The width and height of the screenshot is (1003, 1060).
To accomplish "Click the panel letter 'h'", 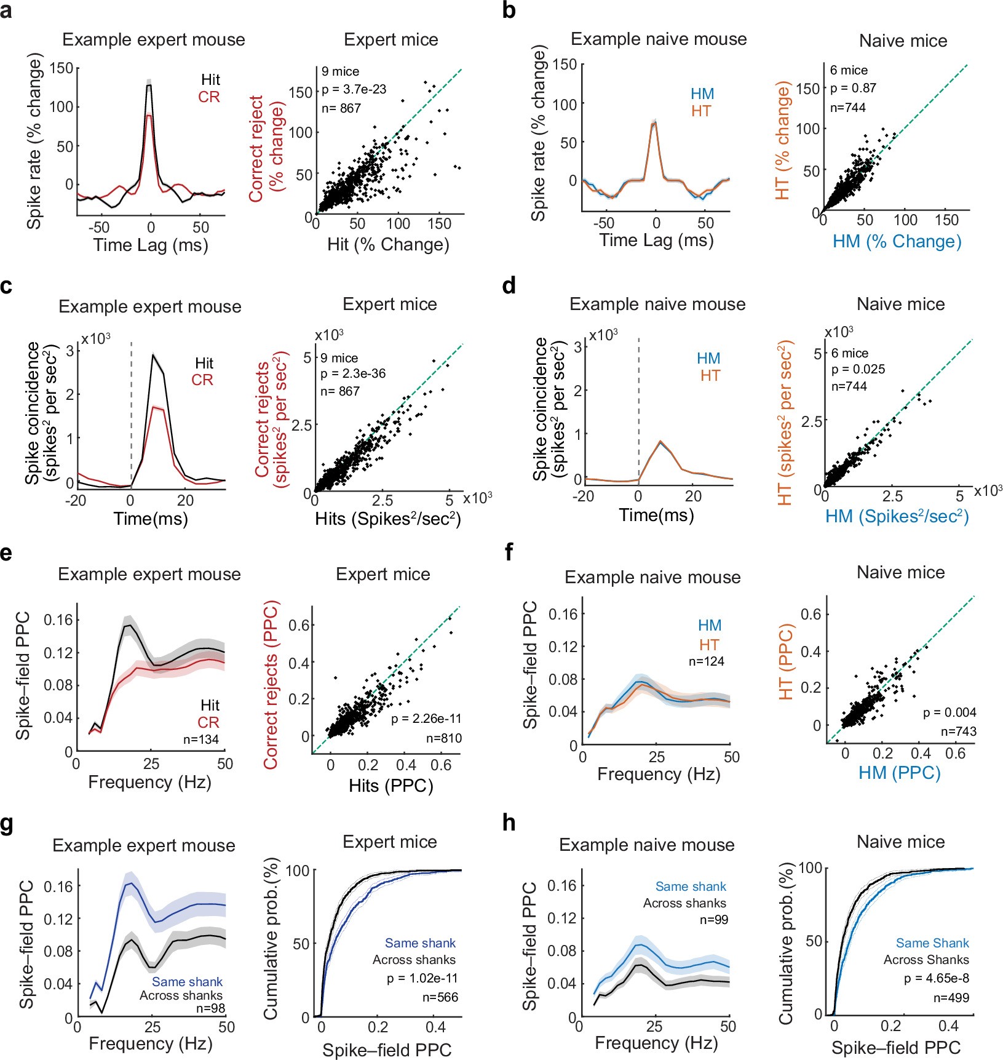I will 509,823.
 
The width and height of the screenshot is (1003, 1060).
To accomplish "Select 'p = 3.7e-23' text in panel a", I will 354,90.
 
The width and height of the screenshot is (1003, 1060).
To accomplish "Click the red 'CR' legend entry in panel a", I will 208,97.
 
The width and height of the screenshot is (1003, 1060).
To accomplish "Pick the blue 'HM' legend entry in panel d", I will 708,359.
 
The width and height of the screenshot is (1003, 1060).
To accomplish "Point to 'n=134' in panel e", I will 201,739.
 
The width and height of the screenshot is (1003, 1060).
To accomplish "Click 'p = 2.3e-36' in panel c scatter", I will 353,374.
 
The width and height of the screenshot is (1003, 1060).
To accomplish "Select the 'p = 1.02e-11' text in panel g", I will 422,978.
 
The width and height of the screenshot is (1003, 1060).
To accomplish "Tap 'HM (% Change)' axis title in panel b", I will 897,241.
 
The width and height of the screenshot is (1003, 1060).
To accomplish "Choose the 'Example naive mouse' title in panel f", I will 652,577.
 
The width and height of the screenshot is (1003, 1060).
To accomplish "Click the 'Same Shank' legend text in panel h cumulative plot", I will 932,943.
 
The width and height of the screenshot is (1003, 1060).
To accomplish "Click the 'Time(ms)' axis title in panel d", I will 656,514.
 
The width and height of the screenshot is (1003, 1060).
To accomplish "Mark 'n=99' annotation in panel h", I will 713,920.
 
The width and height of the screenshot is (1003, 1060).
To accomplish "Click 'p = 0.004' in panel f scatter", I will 949,712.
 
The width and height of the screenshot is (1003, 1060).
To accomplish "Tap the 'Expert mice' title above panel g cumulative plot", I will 390,842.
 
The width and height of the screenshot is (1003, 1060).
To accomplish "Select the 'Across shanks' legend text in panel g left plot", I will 181,995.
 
